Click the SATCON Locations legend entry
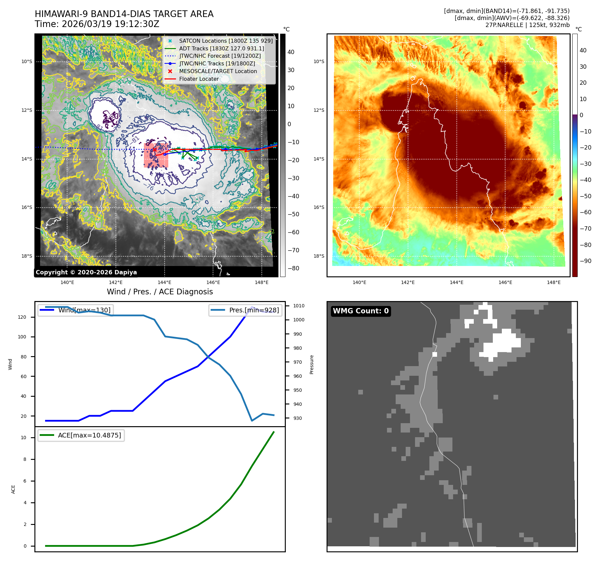click(x=226, y=41)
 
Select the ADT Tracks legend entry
click(x=221, y=48)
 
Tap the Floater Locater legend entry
click(x=199, y=79)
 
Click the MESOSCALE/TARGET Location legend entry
click(x=218, y=71)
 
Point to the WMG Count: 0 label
click(x=361, y=311)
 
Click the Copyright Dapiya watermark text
click(x=86, y=272)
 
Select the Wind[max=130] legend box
click(x=75, y=310)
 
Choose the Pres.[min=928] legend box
click(x=245, y=310)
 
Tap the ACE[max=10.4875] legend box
click(x=81, y=435)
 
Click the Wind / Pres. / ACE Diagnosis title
click(x=160, y=292)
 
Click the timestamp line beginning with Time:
click(x=97, y=24)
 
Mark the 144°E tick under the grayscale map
click(x=164, y=283)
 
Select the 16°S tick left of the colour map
click(x=319, y=207)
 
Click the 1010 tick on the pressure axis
click(x=299, y=306)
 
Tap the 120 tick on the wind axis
click(x=22, y=317)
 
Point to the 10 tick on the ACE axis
click(x=23, y=438)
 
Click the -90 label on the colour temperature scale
click(x=585, y=261)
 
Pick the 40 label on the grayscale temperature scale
click(x=291, y=52)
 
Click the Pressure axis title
click(x=312, y=364)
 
